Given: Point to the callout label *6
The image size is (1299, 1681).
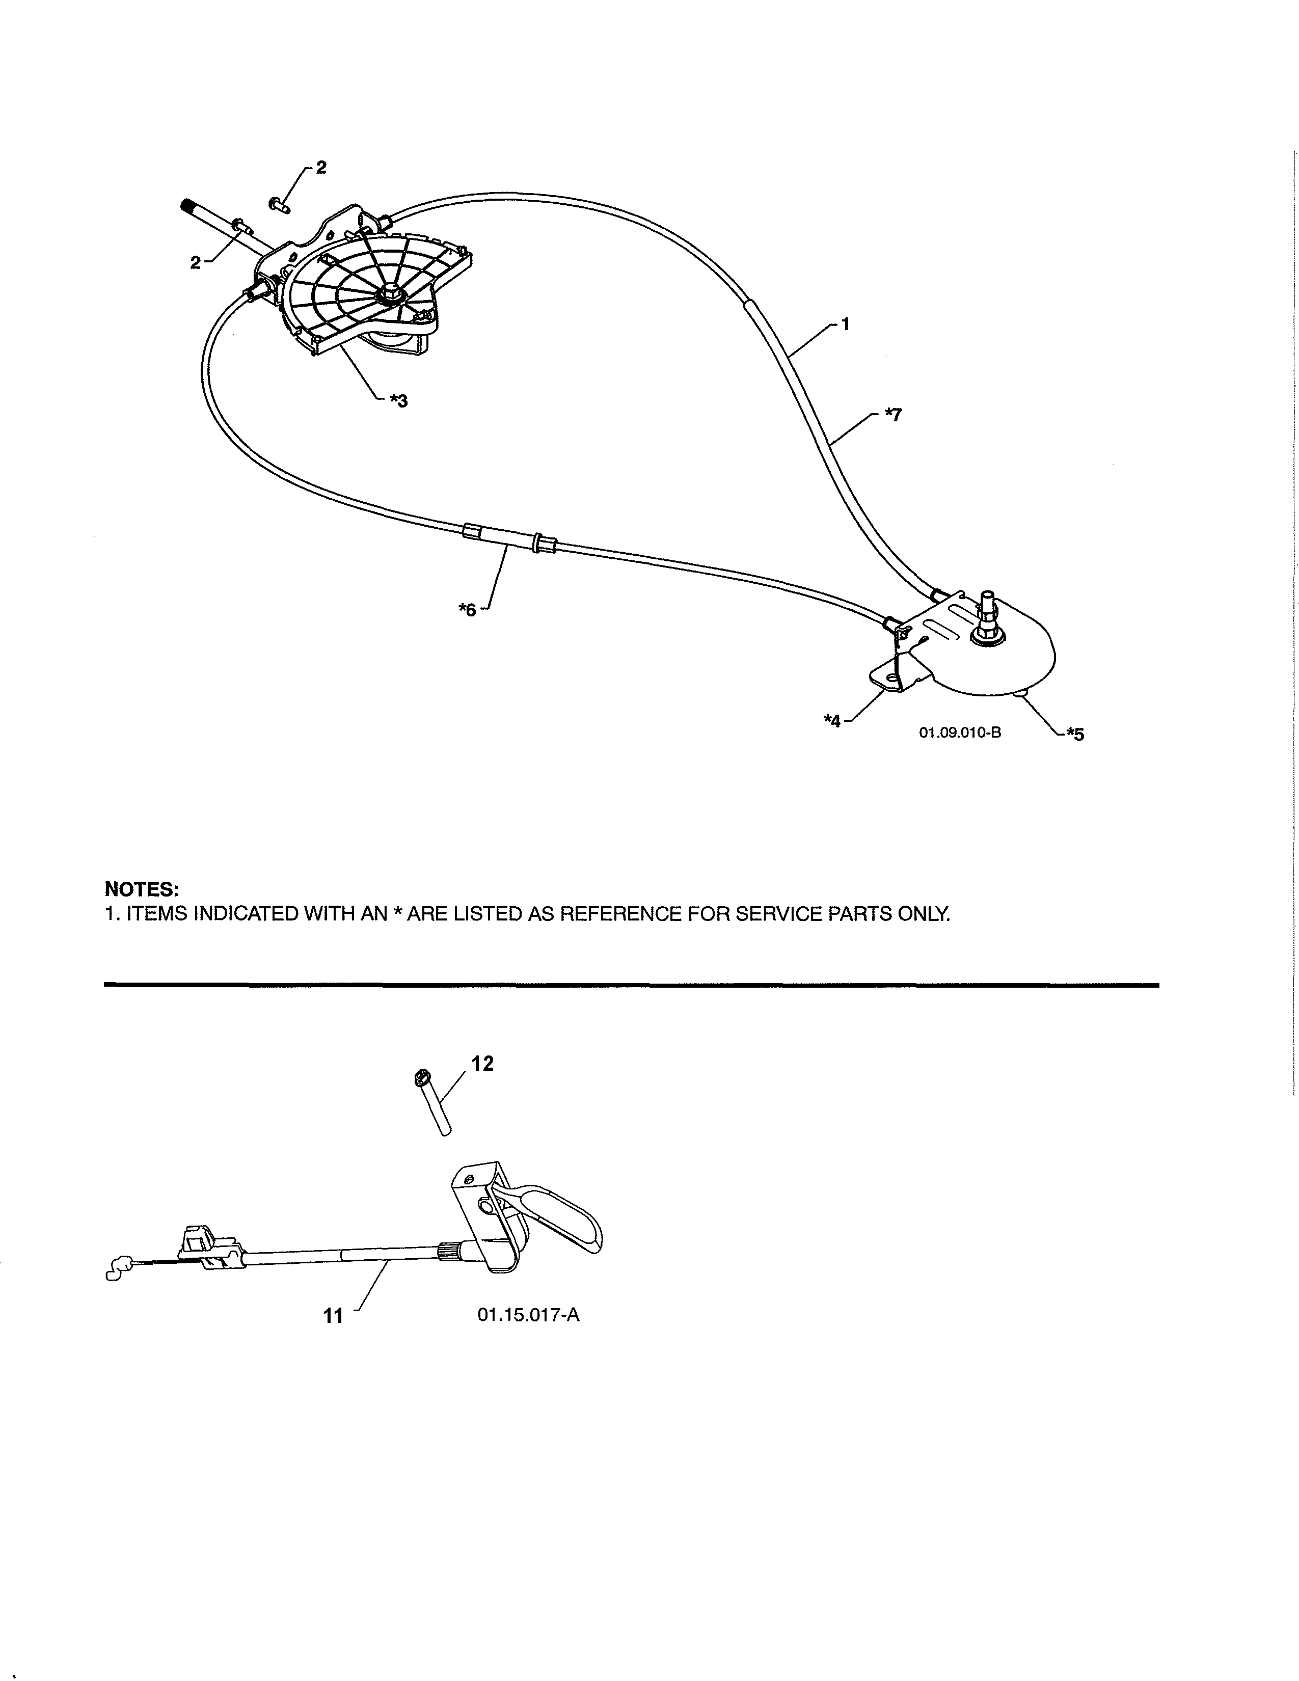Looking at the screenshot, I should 467,610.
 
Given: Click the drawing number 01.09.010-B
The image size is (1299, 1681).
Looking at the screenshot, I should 960,732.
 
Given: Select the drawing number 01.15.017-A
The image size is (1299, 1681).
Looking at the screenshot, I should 528,1315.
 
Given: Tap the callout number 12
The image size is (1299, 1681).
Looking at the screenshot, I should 482,1064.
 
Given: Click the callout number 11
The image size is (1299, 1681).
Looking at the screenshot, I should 333,1316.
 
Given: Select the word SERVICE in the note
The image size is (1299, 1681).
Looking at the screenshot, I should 778,914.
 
